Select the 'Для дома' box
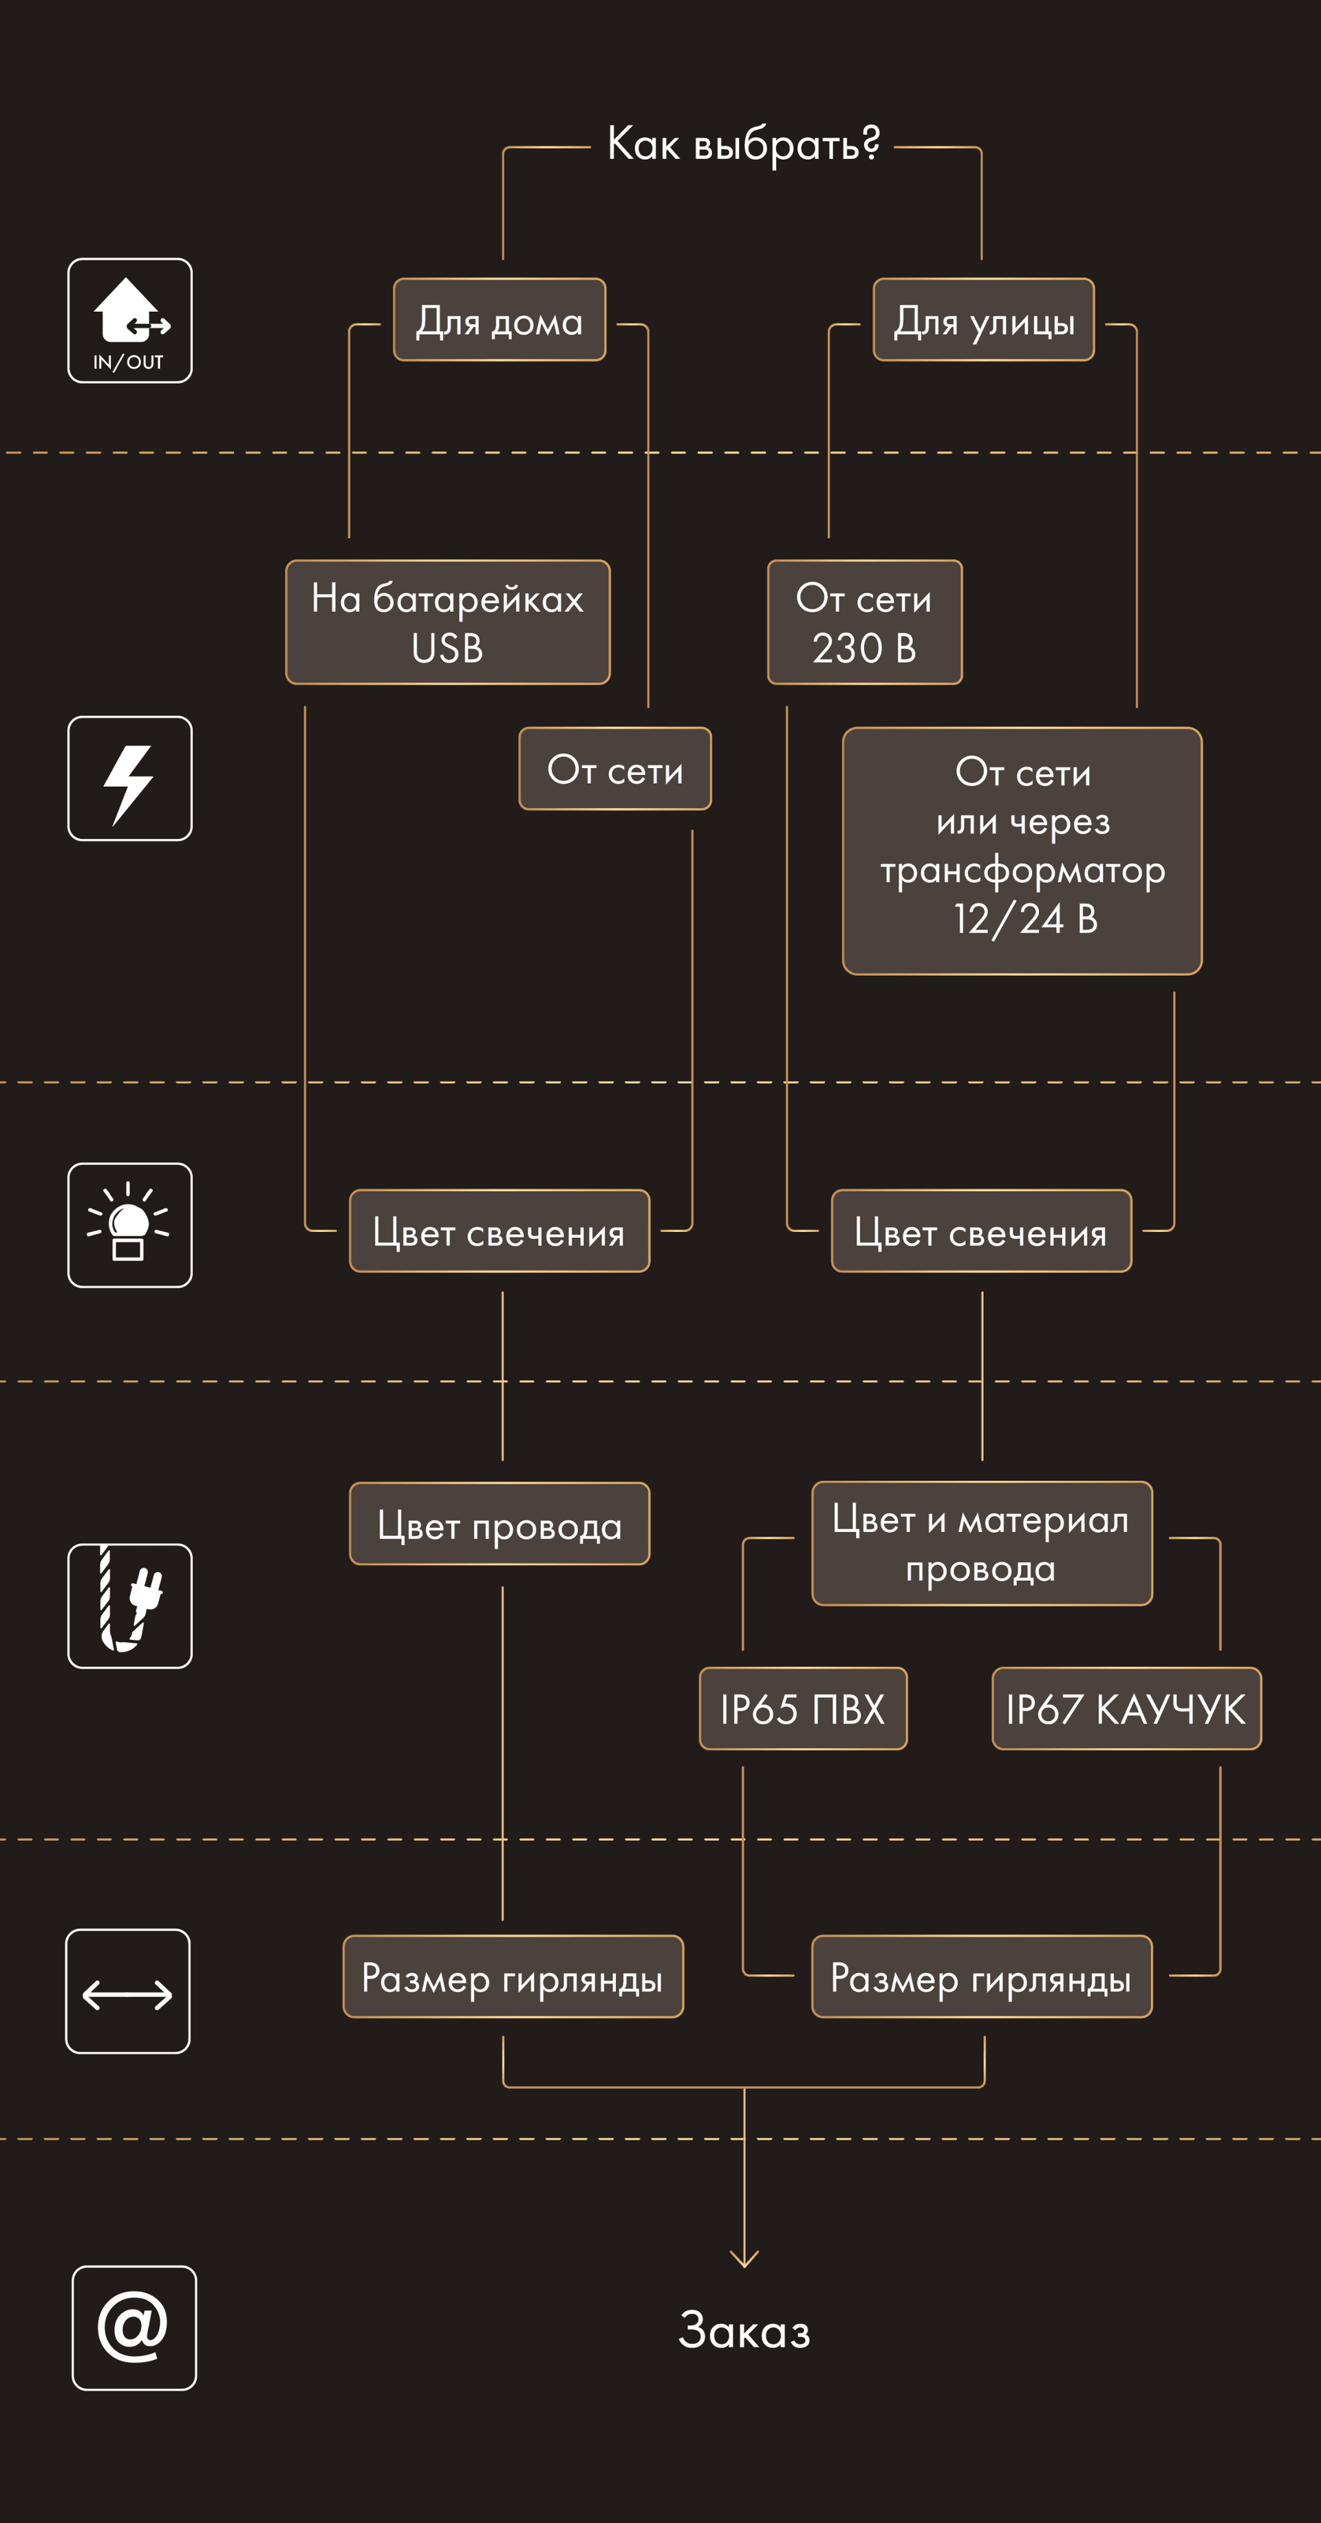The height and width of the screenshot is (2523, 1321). [x=500, y=320]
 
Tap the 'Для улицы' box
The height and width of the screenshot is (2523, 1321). [x=983, y=320]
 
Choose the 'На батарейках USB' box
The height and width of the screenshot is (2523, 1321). [x=447, y=622]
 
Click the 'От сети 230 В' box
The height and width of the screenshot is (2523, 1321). [x=865, y=622]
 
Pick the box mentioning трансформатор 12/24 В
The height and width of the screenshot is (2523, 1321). [x=1022, y=850]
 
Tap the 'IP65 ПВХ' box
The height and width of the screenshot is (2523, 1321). [x=803, y=1709]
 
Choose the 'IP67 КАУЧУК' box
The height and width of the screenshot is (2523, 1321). [x=1126, y=1709]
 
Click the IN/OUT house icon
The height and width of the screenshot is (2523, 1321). [x=130, y=320]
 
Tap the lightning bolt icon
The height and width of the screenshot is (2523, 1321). [x=130, y=778]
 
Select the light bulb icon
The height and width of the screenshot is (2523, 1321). [x=130, y=1225]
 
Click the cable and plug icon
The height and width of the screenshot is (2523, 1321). [x=130, y=1606]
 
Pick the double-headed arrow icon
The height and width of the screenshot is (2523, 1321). [x=128, y=1991]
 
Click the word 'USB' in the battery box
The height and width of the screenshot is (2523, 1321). [x=447, y=648]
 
